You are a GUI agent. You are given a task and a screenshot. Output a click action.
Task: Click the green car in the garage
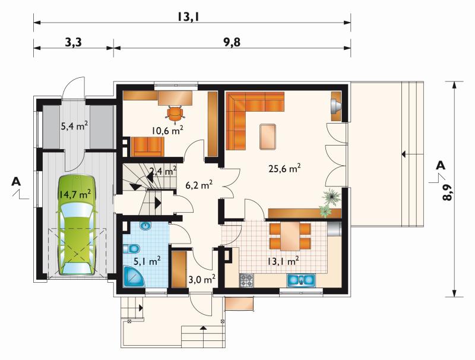click(x=77, y=225)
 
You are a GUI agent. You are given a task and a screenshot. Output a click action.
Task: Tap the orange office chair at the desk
click(x=175, y=114)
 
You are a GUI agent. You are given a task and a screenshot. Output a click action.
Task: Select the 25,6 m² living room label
click(x=284, y=168)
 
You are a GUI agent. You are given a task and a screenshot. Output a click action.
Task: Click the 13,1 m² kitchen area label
click(x=283, y=261)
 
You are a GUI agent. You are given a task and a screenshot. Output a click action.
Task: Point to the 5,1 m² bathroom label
click(x=147, y=261)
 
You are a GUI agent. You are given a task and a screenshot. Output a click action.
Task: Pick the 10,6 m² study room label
click(x=167, y=131)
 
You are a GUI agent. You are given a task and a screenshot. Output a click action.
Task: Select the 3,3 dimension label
click(x=73, y=42)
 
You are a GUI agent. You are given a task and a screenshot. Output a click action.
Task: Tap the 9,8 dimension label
click(x=232, y=42)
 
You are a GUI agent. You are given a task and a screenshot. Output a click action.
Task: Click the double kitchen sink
click(x=301, y=280)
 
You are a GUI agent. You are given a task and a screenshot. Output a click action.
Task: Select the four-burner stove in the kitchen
click(x=246, y=280)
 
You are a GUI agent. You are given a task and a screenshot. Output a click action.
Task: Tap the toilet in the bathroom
click(x=131, y=248)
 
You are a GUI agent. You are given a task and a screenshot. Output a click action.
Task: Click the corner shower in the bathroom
click(x=134, y=276)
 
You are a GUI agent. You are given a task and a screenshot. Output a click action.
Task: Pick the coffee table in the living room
click(x=268, y=137)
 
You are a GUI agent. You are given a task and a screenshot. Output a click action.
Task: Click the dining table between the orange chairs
click(x=290, y=236)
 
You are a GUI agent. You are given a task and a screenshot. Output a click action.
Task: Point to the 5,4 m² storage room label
click(x=75, y=126)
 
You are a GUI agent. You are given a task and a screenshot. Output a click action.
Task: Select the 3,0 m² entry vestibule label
click(x=202, y=279)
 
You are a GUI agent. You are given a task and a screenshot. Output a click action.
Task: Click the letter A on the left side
click(x=16, y=181)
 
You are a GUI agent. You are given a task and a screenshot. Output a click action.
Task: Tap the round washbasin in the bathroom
click(x=146, y=226)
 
